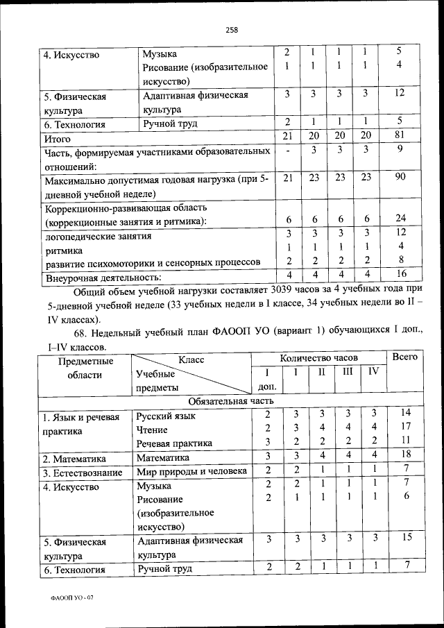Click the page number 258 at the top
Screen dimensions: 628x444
pyautogui.click(x=232, y=29)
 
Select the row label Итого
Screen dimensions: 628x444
pyautogui.click(x=58, y=139)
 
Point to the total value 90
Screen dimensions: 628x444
pyautogui.click(x=400, y=177)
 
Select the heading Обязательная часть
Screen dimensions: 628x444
pyautogui.click(x=232, y=401)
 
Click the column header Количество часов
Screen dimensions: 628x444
pyautogui.click(x=318, y=357)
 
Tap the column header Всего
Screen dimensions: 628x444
pyautogui.click(x=404, y=357)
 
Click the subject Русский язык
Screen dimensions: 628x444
pyautogui.click(x=166, y=416)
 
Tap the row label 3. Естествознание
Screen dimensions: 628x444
pyautogui.click(x=83, y=473)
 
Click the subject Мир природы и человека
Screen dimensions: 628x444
pyautogui.click(x=191, y=472)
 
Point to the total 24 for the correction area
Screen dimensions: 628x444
pyautogui.click(x=400, y=218)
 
